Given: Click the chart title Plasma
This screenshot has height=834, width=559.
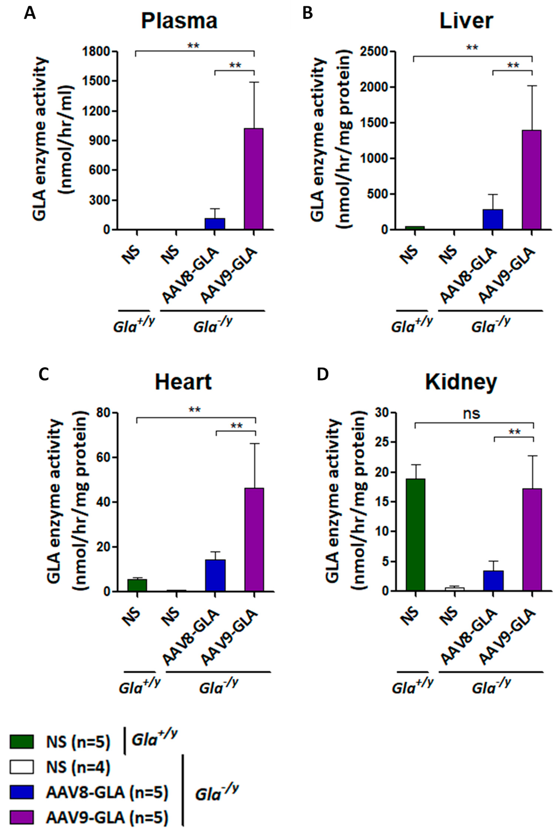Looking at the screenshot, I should (179, 21).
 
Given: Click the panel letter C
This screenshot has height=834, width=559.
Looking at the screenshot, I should (44, 375).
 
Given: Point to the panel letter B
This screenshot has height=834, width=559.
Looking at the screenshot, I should (307, 14).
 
